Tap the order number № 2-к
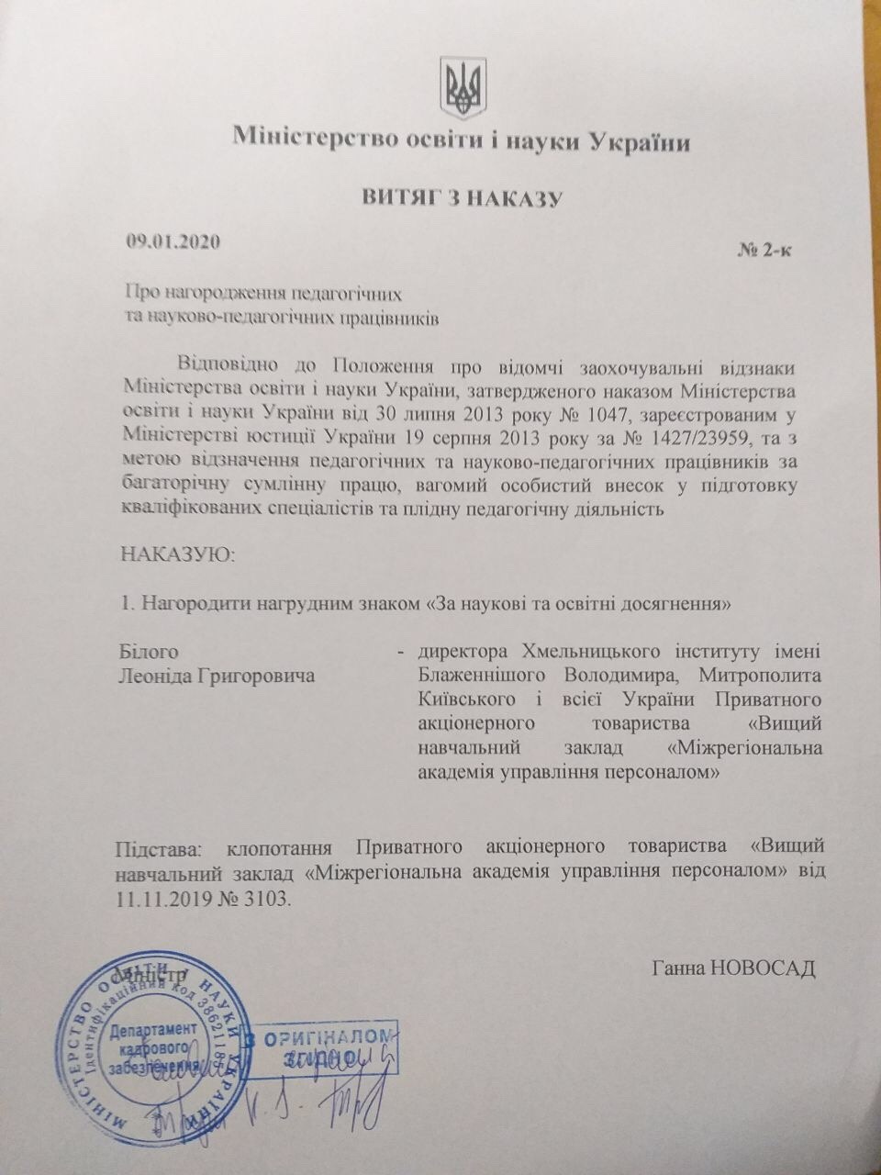[764, 251]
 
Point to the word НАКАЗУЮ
[165, 554]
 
